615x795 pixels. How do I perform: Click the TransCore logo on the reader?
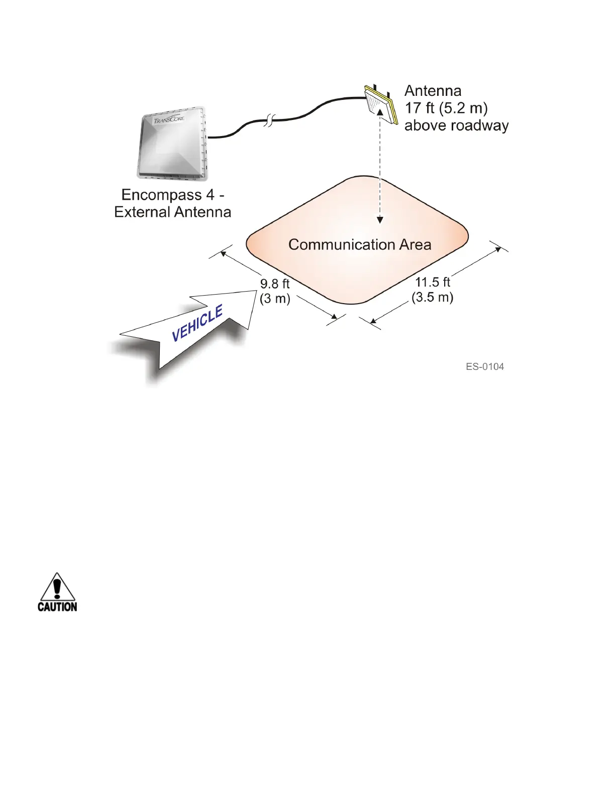point(169,119)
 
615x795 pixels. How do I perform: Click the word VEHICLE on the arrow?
point(197,324)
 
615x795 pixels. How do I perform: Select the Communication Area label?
point(360,244)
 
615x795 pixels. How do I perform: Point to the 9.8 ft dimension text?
point(275,284)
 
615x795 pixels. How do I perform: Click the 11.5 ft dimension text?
point(433,282)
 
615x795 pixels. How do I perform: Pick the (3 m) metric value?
point(275,299)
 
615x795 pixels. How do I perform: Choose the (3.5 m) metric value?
point(433,297)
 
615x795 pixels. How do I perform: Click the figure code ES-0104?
point(485,366)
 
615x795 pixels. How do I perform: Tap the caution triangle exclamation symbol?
point(58,587)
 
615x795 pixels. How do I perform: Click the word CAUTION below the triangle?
point(57,607)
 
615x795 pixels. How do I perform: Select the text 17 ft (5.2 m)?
point(446,108)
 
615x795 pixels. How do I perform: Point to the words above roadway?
point(456,125)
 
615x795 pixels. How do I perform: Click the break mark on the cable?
point(270,120)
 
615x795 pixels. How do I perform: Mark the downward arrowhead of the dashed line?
point(380,219)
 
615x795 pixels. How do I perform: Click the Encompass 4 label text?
point(172,195)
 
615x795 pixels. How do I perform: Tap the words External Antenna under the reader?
point(172,212)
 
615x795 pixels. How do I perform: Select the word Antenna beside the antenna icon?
point(433,91)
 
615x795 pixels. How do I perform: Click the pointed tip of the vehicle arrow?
point(256,292)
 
